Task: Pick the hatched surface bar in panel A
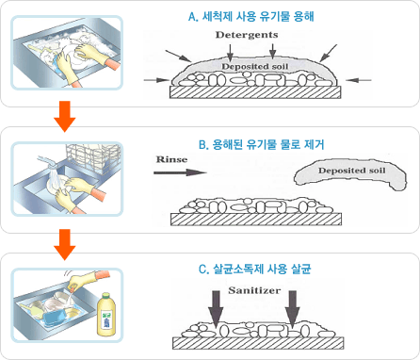[254, 93]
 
